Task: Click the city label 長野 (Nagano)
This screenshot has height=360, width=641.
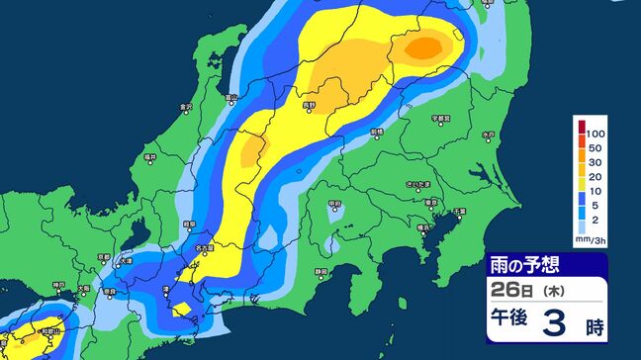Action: [x=309, y=104]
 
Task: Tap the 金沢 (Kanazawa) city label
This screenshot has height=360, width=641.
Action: [x=185, y=106]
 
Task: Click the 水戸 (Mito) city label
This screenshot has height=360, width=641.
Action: [x=487, y=134]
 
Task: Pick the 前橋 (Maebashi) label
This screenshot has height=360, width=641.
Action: [x=376, y=131]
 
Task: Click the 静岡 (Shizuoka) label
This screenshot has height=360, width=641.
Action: [x=321, y=269]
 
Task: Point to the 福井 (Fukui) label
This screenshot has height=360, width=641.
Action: [x=150, y=156]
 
